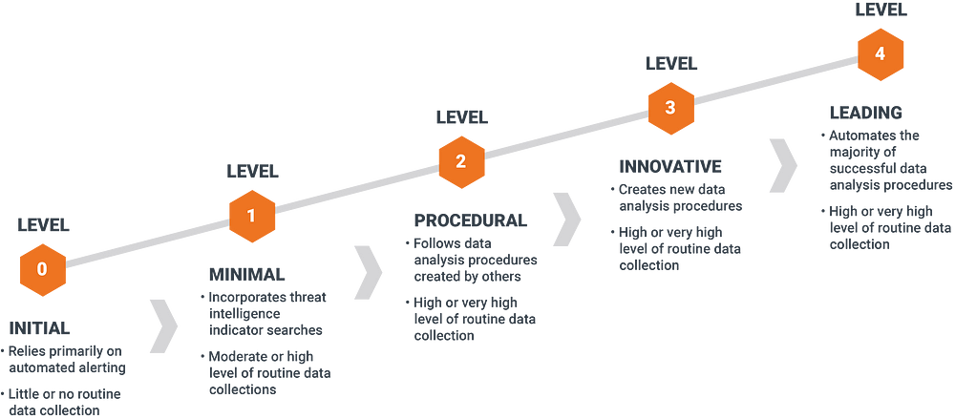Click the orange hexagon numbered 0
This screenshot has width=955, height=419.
(x=42, y=269)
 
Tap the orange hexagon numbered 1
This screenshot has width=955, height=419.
(x=251, y=216)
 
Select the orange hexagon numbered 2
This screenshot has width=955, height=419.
(x=461, y=161)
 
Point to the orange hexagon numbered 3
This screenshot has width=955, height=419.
(x=670, y=107)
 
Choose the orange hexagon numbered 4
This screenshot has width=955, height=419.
(x=880, y=53)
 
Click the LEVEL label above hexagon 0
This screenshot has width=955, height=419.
(x=42, y=226)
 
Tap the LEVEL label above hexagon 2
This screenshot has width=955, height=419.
(x=461, y=118)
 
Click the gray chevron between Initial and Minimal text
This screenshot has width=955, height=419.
(x=163, y=323)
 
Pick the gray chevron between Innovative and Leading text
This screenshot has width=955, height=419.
(x=783, y=163)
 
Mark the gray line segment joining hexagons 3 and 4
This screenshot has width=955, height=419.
(x=775, y=80)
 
